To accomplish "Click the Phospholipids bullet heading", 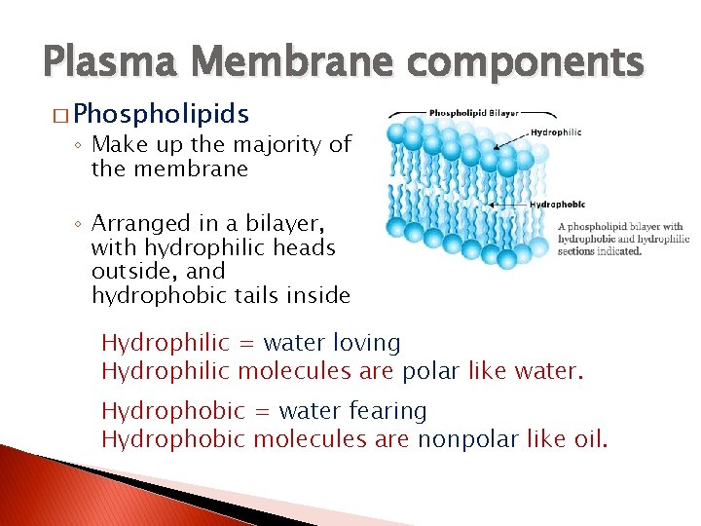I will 161,114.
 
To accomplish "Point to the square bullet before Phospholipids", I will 62,115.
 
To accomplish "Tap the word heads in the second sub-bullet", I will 305,248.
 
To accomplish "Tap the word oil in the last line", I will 590,438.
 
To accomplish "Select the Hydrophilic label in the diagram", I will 557,132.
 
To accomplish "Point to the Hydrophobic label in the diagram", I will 558,205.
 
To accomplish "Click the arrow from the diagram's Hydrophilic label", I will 510,139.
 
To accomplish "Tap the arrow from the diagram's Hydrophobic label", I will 511,205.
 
